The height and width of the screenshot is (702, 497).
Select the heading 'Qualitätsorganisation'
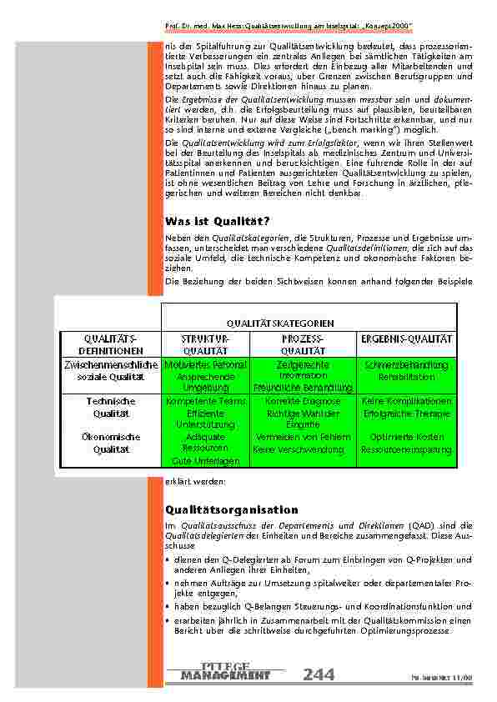pos(232,509)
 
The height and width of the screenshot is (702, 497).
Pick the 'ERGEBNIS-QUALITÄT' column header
pos(406,339)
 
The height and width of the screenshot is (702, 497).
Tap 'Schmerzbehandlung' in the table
pos(406,365)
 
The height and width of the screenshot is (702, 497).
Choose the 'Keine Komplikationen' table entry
pos(406,402)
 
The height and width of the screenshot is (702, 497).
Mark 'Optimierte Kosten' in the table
pos(406,437)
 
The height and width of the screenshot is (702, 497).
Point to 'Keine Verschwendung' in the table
pos(298,449)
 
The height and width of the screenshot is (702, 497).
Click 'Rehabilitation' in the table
pos(406,378)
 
